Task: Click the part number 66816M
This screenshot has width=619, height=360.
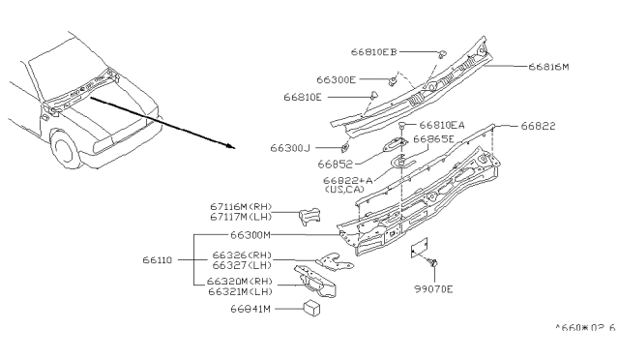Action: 548,67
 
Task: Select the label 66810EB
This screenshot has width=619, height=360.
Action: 373,51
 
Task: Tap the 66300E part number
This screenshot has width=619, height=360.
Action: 336,79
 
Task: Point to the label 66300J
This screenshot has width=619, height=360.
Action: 290,148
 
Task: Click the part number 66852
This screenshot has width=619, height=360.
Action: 335,164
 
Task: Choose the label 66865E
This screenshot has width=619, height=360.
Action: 433,139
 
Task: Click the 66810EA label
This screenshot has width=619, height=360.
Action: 442,125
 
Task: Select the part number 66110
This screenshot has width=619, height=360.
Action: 158,260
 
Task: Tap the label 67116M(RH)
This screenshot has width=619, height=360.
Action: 241,207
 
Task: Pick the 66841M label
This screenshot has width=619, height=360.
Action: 251,309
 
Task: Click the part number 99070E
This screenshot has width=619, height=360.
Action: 433,289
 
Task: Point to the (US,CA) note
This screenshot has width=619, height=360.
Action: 344,190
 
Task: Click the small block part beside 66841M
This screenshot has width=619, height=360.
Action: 311,309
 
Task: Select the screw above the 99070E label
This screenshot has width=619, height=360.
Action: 432,262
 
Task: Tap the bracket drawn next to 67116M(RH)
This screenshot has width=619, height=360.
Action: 309,216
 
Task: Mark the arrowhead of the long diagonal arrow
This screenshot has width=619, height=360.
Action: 231,146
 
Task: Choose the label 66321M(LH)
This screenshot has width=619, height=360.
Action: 241,291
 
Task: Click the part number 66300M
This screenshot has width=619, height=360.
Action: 251,235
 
